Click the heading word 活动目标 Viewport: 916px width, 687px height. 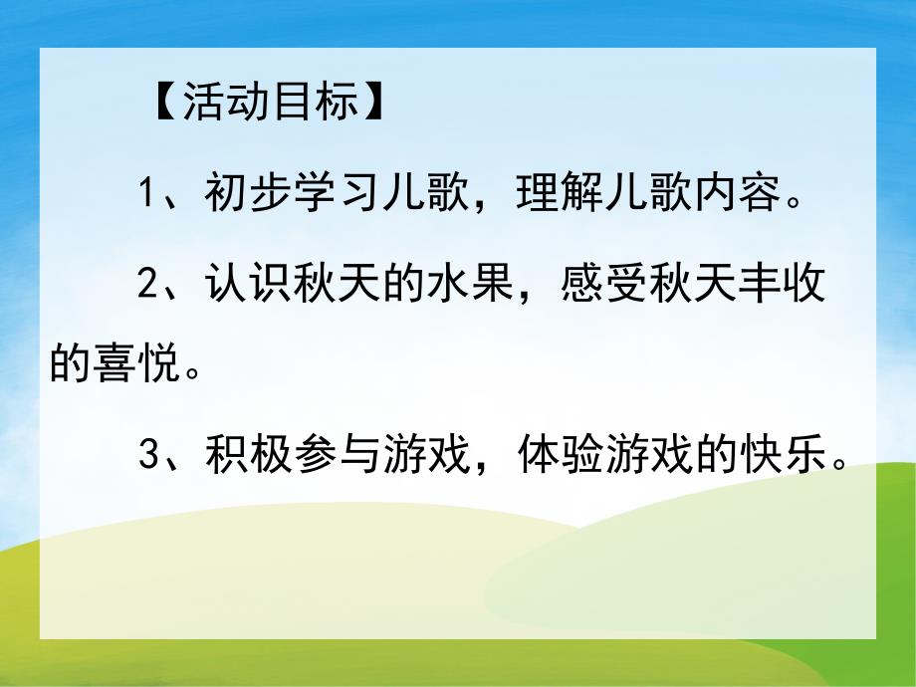(269, 103)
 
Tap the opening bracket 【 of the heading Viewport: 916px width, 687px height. (163, 103)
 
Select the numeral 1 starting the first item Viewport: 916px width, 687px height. (146, 192)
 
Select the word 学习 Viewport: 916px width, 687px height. (335, 192)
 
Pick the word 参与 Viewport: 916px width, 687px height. (335, 455)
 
